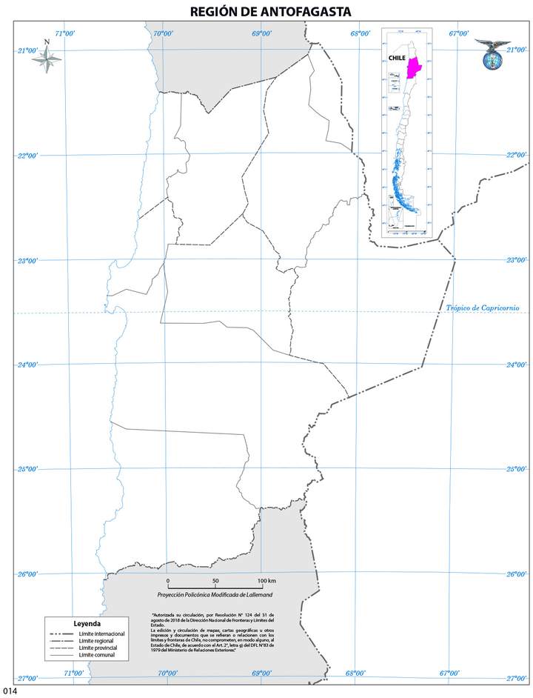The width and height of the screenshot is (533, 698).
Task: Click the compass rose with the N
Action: pos(47,59)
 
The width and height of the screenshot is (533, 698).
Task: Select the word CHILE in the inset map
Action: pos(397,58)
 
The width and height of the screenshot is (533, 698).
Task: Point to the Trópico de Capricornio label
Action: pos(482,308)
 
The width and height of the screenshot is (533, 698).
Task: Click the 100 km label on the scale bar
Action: pos(266,580)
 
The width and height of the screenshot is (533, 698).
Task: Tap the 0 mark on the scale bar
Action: pos(168,580)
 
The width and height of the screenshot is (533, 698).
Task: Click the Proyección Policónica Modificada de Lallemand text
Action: pos(215,595)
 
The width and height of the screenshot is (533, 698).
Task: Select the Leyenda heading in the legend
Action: pos(87,623)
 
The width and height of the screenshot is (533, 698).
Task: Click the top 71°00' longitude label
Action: pos(64,33)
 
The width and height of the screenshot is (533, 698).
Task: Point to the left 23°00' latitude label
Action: pos(28,260)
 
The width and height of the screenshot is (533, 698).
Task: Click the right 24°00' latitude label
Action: pos(515,365)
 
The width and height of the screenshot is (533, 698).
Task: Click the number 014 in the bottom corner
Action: pos(10,691)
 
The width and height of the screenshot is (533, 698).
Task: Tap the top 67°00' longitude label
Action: pos(459,33)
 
